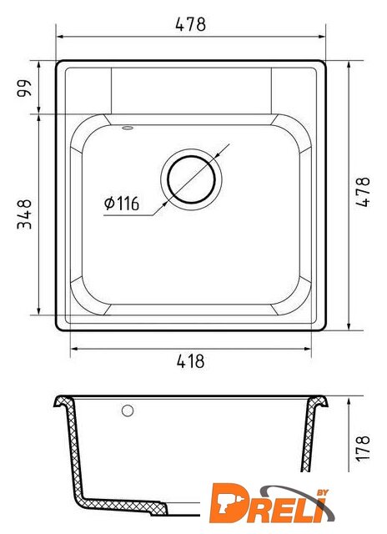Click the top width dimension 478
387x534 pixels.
point(191,24)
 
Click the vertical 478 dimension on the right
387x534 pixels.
point(363,192)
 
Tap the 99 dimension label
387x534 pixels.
point(24,88)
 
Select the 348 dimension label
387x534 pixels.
point(24,214)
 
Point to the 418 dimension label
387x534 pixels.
point(191,361)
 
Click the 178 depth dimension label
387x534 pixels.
point(363,448)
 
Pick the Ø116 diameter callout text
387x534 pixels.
point(122,204)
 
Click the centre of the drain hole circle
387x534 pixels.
point(191,179)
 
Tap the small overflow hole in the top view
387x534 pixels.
point(128,128)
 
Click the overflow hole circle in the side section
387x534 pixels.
point(128,411)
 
